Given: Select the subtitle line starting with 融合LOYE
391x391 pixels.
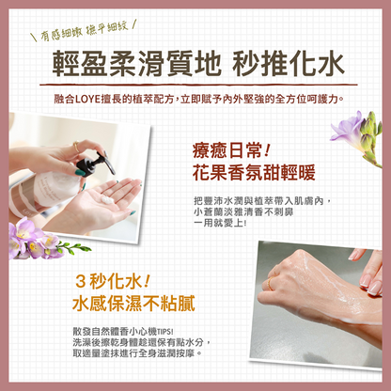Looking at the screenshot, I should (x=196, y=99).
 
